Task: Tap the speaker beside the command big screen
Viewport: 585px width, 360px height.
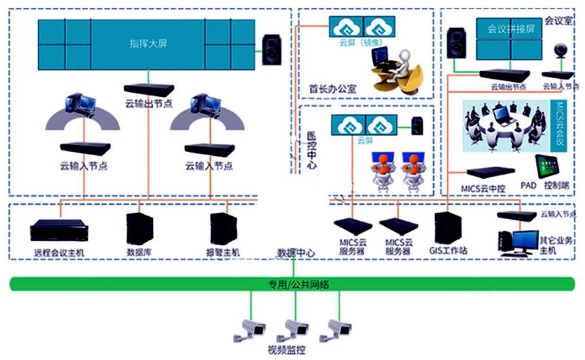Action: pos(271,49)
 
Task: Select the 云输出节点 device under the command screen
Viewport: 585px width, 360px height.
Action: pos(149,90)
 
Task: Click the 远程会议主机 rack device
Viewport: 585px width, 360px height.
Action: pos(58,231)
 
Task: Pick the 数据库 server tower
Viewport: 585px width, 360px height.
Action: pos(139,229)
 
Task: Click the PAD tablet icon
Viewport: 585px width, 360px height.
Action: pos(546,167)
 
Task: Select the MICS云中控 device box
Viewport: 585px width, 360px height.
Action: pos(490,172)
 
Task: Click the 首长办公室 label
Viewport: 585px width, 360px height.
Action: pos(332,88)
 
